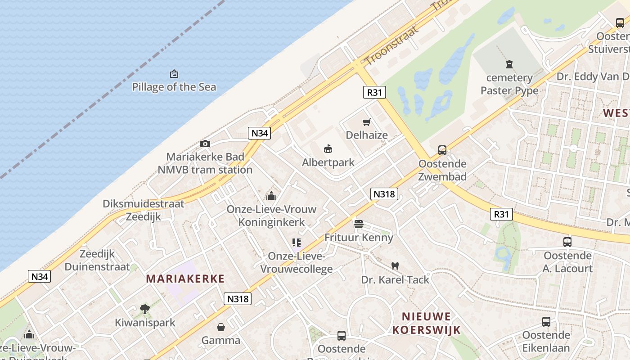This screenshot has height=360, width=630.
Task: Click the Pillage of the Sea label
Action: click(174, 87)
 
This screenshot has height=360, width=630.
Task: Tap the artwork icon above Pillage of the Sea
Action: click(174, 74)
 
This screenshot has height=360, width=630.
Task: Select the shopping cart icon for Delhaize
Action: click(367, 122)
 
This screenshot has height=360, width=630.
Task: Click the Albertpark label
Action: click(328, 162)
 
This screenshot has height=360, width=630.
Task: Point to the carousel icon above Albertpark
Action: click(328, 149)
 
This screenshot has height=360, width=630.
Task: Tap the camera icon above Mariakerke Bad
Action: click(205, 144)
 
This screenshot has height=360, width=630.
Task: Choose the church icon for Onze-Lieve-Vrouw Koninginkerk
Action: click(271, 196)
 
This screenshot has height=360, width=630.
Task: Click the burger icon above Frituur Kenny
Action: click(359, 224)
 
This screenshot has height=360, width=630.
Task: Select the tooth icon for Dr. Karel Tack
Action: click(395, 266)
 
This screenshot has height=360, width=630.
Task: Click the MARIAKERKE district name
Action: click(185, 279)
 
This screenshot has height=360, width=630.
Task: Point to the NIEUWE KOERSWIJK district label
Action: click(426, 323)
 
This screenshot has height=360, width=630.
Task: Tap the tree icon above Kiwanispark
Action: click(144, 309)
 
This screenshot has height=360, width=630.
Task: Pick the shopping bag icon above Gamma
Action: click(220, 327)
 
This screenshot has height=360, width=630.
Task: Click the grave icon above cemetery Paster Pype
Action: click(509, 64)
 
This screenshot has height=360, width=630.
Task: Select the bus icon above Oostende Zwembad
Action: click(442, 150)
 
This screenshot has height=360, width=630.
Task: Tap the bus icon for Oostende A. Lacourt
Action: click(567, 242)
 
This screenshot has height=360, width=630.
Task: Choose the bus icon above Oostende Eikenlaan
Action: click(546, 322)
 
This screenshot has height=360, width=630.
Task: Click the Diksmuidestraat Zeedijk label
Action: click(143, 210)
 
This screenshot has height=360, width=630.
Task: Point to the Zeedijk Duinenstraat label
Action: click(97, 260)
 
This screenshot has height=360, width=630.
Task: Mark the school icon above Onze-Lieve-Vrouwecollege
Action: click(296, 243)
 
